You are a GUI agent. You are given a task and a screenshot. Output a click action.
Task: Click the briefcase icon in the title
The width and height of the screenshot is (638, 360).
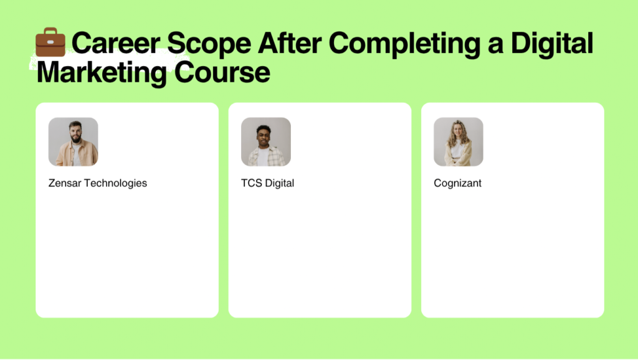pos(50,42)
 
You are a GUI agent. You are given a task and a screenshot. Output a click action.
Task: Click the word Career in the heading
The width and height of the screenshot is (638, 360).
pos(116,43)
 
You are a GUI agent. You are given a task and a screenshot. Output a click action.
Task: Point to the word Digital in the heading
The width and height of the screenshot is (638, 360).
pos(552,44)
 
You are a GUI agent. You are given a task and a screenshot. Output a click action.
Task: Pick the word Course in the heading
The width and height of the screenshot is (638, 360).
pos(222,72)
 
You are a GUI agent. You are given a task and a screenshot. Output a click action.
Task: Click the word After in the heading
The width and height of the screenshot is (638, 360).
pos(290,43)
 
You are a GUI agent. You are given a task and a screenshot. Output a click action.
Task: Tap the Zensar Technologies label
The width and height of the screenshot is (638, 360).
pos(98,183)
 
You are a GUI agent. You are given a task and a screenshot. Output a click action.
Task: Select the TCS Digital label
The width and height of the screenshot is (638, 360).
pos(267,183)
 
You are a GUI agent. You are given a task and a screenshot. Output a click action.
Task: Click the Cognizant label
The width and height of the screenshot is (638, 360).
pos(457,184)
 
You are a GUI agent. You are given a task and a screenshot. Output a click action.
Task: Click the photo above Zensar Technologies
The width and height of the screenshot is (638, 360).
pos(74,142)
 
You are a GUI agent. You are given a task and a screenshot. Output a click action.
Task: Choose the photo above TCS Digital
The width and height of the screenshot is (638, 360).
pos(265,142)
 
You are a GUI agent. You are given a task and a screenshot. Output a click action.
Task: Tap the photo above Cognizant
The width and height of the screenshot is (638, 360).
pos(459,142)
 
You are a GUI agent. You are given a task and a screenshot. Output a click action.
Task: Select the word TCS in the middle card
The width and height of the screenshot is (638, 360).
pos(252,183)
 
